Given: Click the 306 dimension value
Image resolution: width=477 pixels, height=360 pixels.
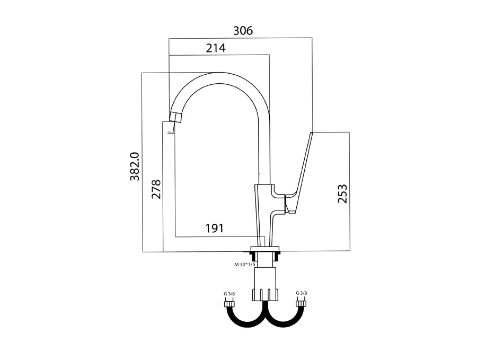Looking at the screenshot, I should click(243, 31).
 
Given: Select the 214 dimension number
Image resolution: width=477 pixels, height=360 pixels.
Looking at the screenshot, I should click(216, 48).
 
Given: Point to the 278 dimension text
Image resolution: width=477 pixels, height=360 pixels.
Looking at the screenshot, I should click(156, 189).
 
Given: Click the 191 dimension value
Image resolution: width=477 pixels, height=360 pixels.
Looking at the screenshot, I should click(214, 229).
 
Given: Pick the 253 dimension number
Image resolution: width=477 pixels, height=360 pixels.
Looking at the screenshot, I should click(342, 194).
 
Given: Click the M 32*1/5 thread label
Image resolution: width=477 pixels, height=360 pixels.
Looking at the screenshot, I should click(244, 264).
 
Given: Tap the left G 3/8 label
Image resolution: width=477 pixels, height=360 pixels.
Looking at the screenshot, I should click(229, 293).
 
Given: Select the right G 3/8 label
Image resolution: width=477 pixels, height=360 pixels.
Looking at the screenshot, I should click(301, 293).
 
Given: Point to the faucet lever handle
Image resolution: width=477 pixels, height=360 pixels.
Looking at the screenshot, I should click(299, 170).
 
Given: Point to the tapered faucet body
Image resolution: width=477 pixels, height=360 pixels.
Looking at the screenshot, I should click(263, 212).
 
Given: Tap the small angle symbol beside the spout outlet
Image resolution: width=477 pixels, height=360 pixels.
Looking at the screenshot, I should click(170, 131).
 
